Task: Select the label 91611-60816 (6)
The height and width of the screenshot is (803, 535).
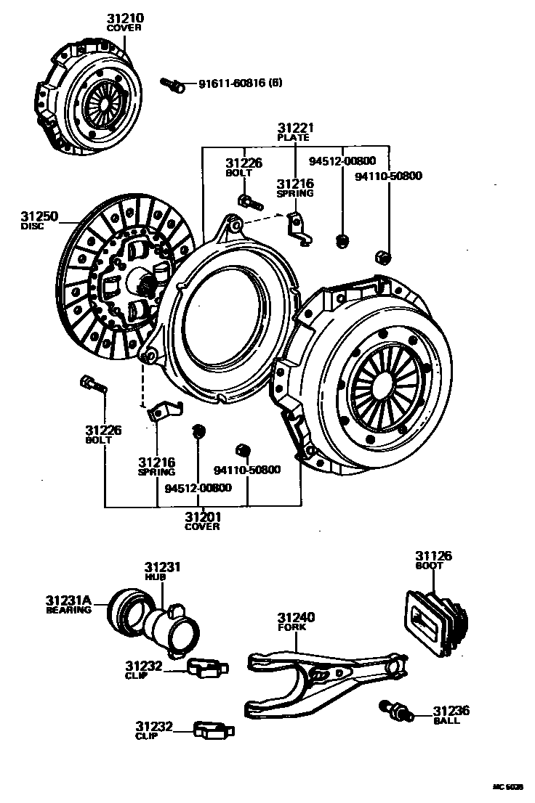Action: (240, 83)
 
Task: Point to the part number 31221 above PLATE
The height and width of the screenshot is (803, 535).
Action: (294, 128)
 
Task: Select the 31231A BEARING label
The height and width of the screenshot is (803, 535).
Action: (68, 604)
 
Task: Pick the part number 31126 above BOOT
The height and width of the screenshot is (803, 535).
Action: (433, 556)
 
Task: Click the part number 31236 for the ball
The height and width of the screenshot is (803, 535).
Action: (451, 711)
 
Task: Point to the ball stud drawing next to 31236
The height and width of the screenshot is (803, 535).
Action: (395, 710)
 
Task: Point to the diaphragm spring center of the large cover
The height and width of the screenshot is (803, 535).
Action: (385, 388)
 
